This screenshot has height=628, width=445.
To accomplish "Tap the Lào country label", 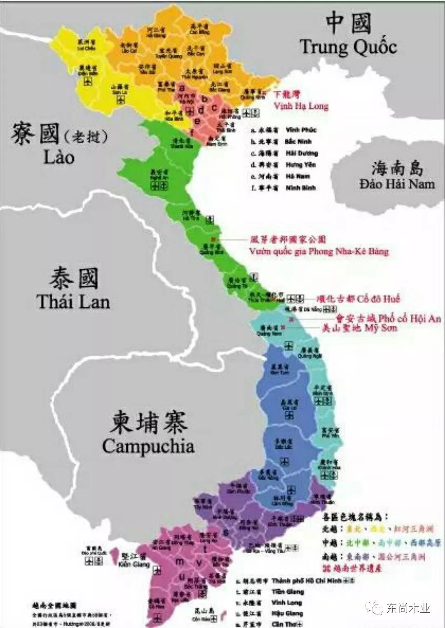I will (59, 157).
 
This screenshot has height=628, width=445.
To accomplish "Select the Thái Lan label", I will (73, 302).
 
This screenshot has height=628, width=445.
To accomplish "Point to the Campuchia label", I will (148, 446).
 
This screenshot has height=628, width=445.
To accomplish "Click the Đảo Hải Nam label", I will (397, 184).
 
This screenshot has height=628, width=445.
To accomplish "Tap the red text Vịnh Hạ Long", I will (301, 106).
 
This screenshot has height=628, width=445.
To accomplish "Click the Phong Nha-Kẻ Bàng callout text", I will (319, 251).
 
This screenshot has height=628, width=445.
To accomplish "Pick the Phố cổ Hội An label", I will (410, 318).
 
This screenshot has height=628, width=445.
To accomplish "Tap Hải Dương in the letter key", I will (302, 153).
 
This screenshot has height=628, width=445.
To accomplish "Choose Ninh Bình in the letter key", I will (301, 188).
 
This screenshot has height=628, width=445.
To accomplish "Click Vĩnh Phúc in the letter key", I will (301, 130).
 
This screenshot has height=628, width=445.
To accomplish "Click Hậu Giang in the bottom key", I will (287, 613).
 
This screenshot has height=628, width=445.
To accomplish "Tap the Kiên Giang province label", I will (134, 564).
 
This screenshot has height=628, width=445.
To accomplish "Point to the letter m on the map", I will (180, 562).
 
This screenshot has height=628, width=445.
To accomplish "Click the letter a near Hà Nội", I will (182, 88).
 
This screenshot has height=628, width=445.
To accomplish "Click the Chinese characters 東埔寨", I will (148, 422).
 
